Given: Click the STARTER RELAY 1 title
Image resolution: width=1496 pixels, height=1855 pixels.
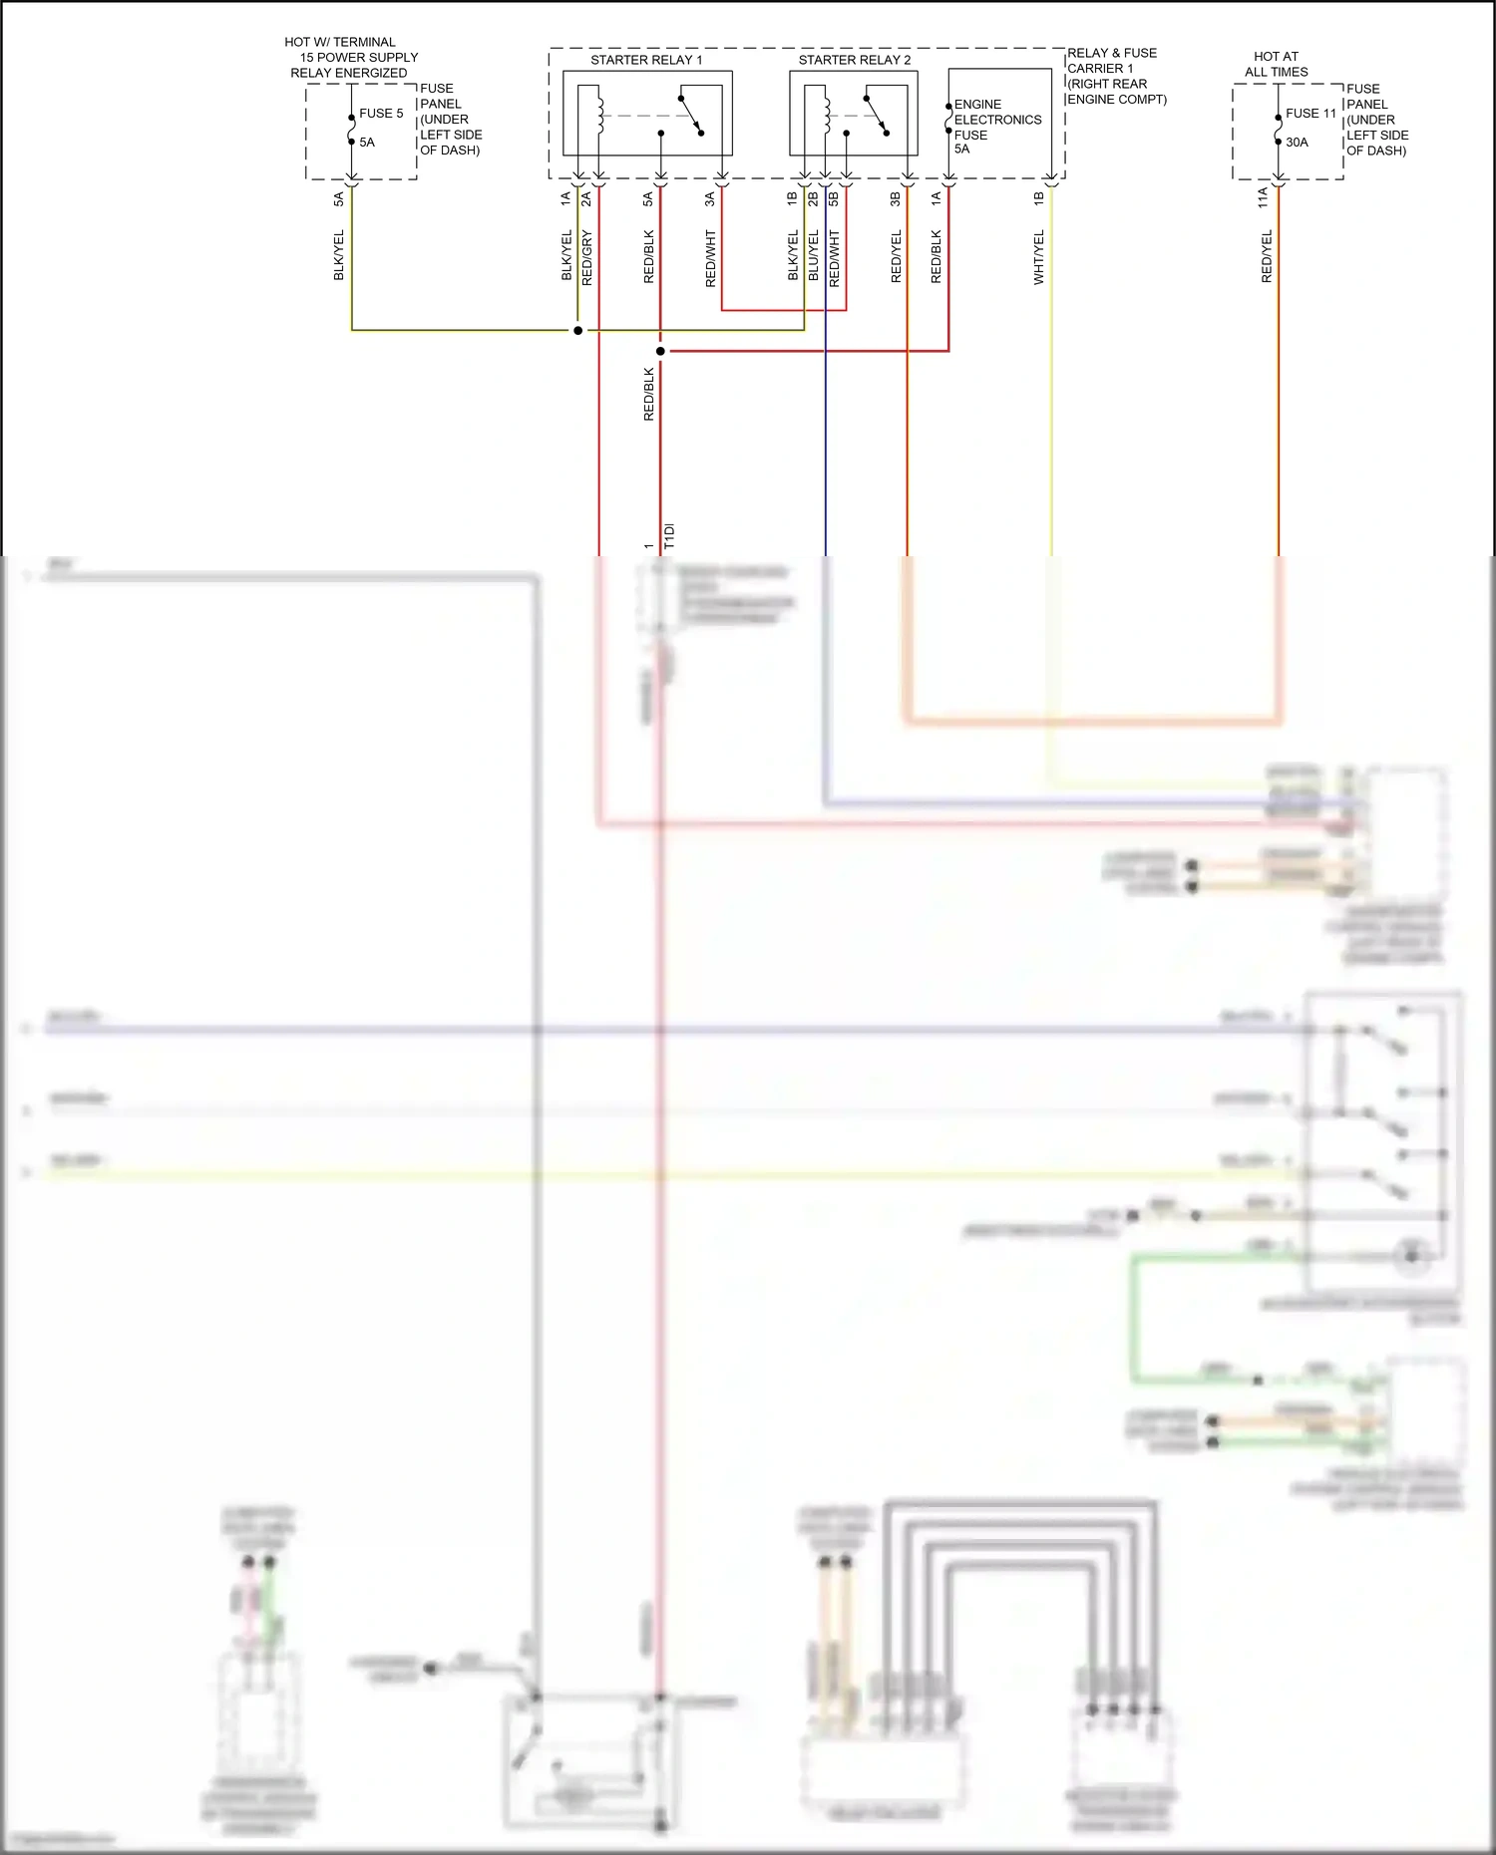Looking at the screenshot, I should [646, 60].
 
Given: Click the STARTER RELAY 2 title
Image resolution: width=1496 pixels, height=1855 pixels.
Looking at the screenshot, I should [854, 60].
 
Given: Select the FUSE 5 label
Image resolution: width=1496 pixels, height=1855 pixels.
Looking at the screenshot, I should [381, 114].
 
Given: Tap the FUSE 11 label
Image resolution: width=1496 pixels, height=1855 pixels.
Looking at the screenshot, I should [1310, 114].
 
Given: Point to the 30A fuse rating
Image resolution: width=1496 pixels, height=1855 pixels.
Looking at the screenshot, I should [1297, 143].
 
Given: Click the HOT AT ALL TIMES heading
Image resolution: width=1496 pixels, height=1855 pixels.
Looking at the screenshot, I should [1276, 65].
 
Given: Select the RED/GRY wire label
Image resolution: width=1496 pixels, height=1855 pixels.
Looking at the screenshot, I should [587, 257].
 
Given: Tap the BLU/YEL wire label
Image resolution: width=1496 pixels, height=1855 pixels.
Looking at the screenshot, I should [814, 255].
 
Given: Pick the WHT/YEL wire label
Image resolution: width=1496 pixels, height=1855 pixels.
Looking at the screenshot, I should [1039, 257].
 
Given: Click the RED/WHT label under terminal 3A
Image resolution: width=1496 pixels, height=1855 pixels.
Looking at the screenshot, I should [711, 258].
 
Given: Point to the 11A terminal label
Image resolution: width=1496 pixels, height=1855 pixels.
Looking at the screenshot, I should [1264, 197].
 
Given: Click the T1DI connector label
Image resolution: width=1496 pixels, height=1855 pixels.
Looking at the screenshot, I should [669, 535].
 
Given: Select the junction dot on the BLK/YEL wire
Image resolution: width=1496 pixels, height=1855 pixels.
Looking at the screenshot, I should [577, 330].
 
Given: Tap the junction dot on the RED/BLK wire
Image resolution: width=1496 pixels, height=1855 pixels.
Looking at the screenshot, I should [660, 351].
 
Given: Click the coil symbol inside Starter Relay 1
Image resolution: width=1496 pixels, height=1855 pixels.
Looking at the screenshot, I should [598, 110].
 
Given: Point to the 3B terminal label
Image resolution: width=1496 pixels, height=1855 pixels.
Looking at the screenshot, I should [896, 198].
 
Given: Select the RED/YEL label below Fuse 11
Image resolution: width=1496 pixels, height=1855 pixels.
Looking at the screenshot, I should [1268, 256].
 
